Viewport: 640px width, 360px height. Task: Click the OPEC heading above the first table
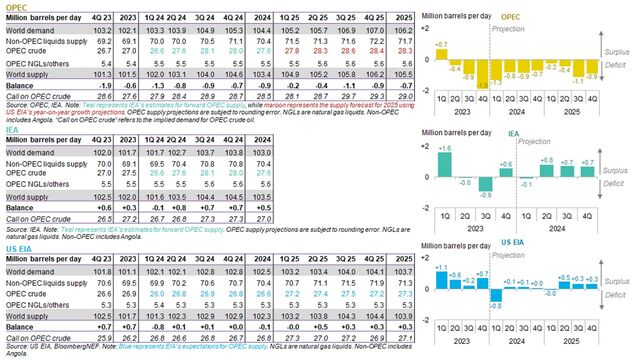click(x=15, y=5)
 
